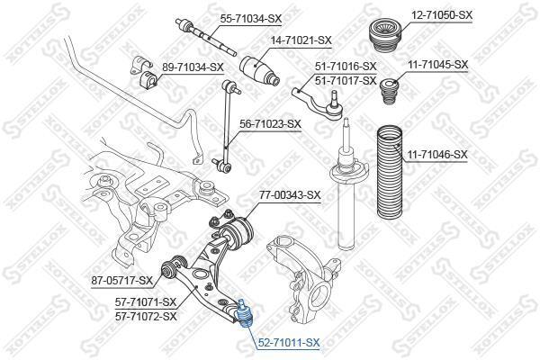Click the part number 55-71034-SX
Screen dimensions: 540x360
click(x=251, y=19)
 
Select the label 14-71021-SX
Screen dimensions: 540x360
click(x=301, y=40)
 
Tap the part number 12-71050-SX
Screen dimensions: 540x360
click(x=442, y=14)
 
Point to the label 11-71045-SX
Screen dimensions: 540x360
click(x=438, y=65)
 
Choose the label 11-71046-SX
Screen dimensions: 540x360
click(x=437, y=155)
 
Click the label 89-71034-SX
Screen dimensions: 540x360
click(x=193, y=67)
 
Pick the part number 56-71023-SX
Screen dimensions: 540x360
click(x=270, y=123)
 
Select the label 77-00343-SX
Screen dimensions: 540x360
click(x=290, y=195)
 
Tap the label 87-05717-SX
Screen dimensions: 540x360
click(x=121, y=281)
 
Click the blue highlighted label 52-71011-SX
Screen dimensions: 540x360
click(x=289, y=342)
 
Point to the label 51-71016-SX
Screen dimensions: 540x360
click(x=346, y=66)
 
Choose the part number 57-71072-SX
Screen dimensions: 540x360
click(x=146, y=316)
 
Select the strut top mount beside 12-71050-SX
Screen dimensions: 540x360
click(x=385, y=37)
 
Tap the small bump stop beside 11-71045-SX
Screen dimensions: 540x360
click(x=389, y=91)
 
